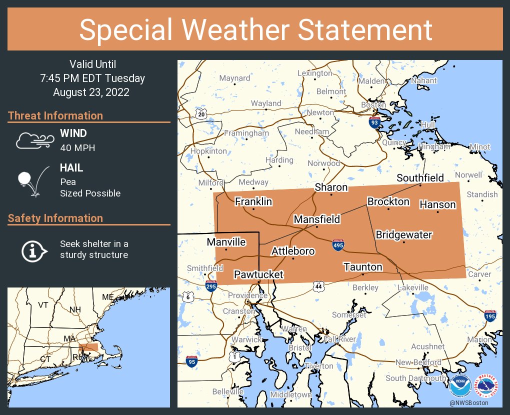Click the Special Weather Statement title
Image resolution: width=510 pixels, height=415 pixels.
click(x=255, y=29)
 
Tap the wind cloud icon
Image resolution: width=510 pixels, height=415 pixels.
click(x=34, y=140)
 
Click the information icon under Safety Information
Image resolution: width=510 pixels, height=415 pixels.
click(x=33, y=250)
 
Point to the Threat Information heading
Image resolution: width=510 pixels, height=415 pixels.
click(x=55, y=115)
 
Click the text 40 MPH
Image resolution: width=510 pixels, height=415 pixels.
click(x=77, y=148)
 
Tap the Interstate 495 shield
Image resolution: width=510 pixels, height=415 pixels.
click(x=338, y=244)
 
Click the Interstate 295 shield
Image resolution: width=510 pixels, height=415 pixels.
click(x=211, y=286)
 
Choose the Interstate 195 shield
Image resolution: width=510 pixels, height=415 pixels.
click(x=490, y=315)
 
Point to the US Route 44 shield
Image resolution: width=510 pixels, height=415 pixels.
click(x=318, y=286)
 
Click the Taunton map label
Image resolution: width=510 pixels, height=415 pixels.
click(x=363, y=267)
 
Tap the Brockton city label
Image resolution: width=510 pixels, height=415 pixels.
click(x=388, y=201)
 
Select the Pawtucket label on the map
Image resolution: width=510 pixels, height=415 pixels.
click(x=258, y=274)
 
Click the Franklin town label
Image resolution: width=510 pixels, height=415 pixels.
click(x=253, y=201)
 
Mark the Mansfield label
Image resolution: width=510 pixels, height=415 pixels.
click(x=316, y=219)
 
